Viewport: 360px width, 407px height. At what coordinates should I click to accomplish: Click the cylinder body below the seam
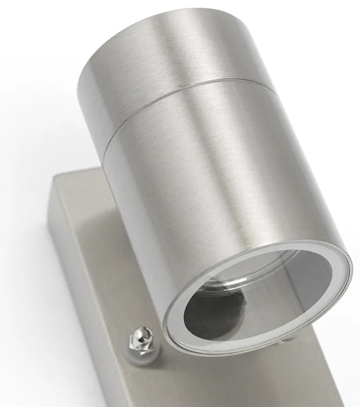click(204, 187)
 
